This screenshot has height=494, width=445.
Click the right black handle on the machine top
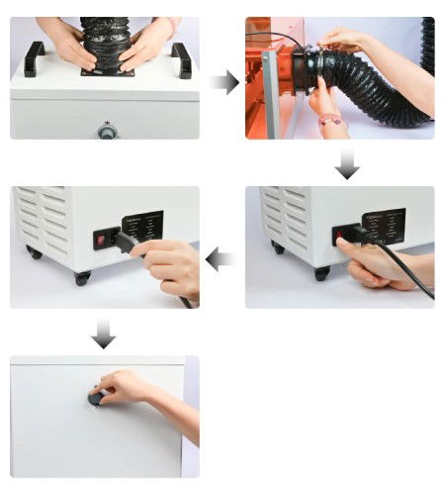(x=180, y=58)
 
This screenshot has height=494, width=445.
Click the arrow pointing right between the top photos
(x=224, y=82)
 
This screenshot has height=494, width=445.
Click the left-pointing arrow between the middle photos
(x=222, y=260)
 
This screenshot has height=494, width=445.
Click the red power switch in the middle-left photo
(x=101, y=238)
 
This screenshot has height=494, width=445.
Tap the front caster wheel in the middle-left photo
(x=81, y=278)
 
